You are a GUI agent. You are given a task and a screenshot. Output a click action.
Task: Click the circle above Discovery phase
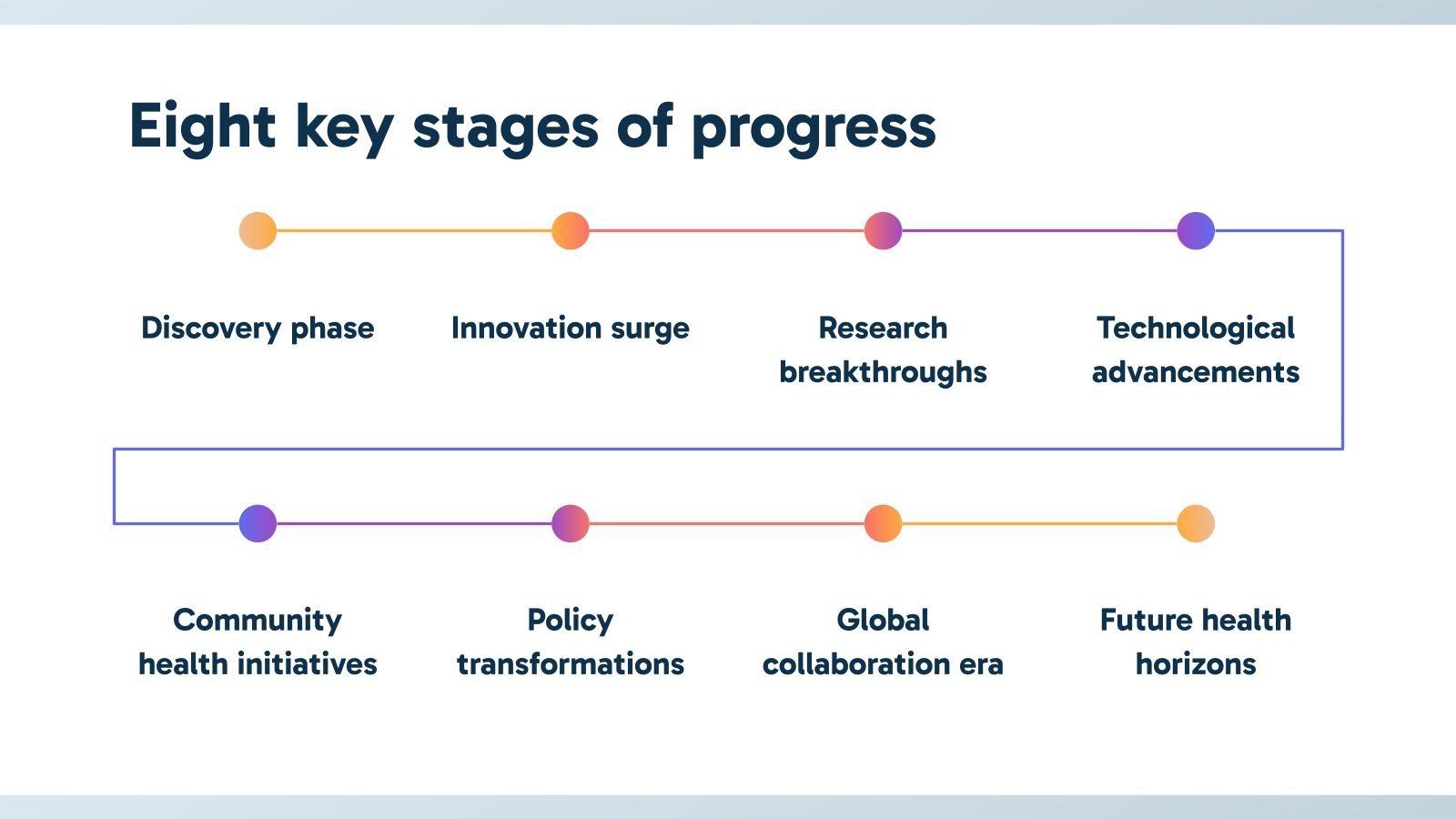pyautogui.click(x=258, y=231)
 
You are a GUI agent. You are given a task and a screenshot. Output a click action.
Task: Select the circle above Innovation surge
pyautogui.click(x=571, y=231)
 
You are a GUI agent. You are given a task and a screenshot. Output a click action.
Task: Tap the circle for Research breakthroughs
pyautogui.click(x=884, y=231)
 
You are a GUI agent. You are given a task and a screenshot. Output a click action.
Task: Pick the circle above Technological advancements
pyautogui.click(x=1196, y=231)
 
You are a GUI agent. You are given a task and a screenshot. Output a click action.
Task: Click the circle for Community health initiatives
pyautogui.click(x=258, y=523)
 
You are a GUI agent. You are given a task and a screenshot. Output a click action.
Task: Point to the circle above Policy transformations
pyautogui.click(x=571, y=523)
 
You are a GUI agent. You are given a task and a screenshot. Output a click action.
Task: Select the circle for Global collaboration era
pyautogui.click(x=884, y=523)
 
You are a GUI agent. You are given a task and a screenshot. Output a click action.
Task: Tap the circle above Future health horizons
pyautogui.click(x=1196, y=523)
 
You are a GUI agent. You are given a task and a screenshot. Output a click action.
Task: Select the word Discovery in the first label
pyautogui.click(x=210, y=329)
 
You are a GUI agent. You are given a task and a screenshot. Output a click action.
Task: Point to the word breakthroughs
pyautogui.click(x=884, y=372)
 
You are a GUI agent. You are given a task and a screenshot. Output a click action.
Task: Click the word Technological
pyautogui.click(x=1196, y=329)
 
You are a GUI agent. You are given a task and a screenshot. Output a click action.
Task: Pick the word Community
pyautogui.click(x=258, y=622)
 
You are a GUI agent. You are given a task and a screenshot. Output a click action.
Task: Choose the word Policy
pyautogui.click(x=571, y=622)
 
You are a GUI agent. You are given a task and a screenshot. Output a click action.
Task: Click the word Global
pyautogui.click(x=884, y=620)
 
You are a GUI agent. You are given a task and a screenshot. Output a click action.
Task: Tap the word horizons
pyautogui.click(x=1196, y=664)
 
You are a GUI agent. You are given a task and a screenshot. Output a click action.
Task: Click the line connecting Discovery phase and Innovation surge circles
pyautogui.click(x=414, y=231)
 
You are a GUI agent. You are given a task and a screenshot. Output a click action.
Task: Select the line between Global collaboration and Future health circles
pyautogui.click(x=1039, y=523)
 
